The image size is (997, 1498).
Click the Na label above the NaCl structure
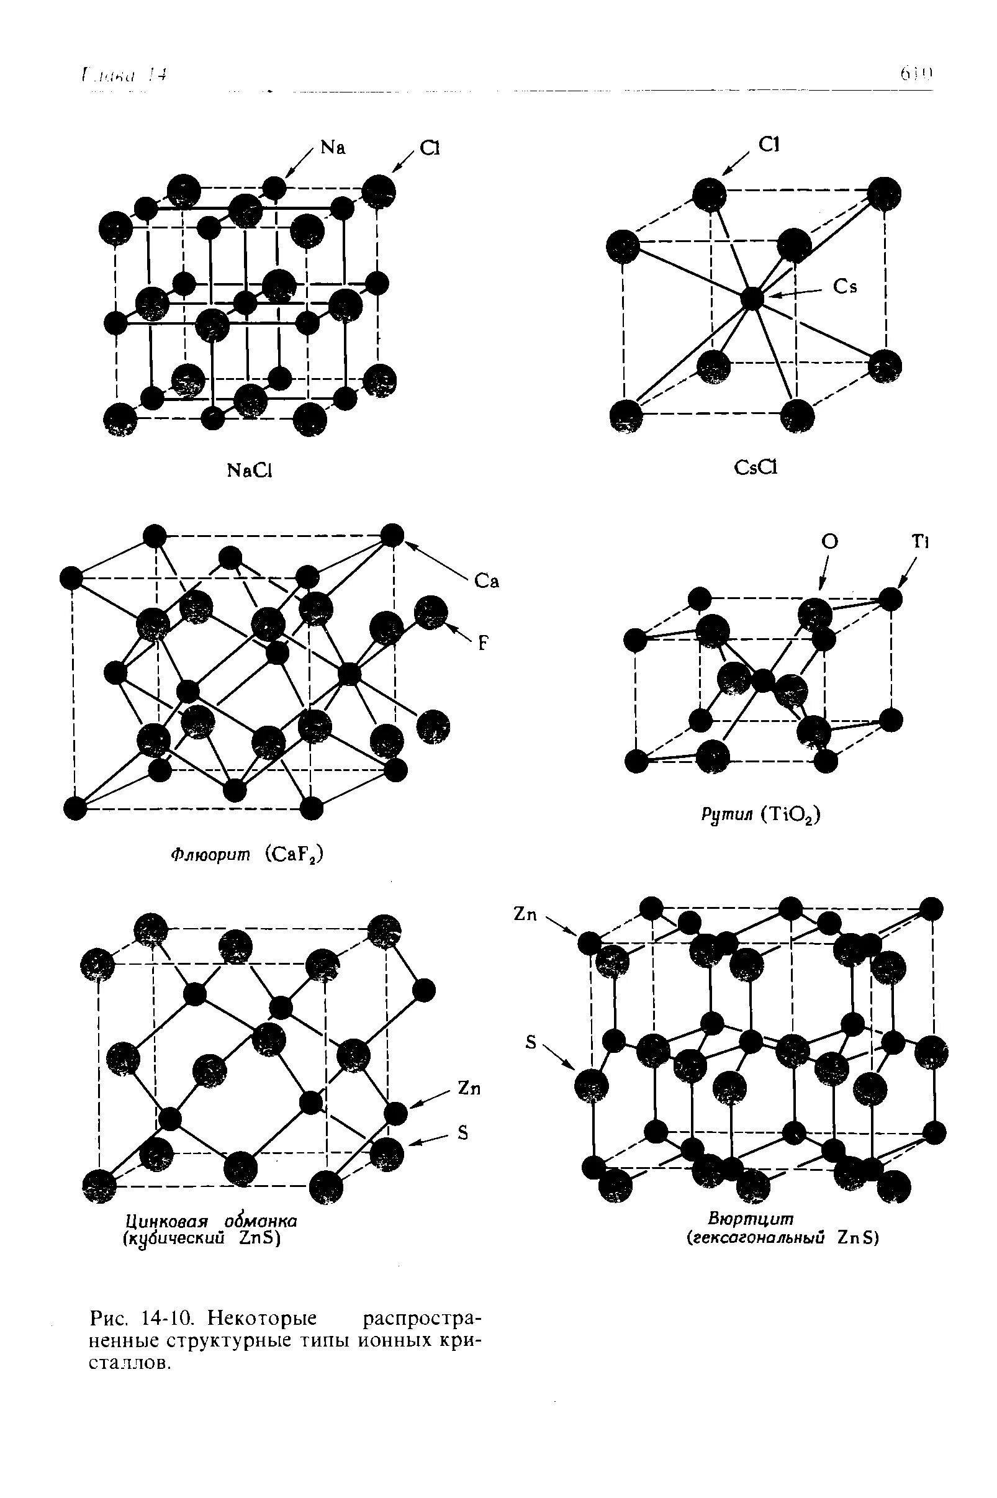333,148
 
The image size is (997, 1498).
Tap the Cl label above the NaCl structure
430,148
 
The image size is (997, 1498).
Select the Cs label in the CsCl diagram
845,287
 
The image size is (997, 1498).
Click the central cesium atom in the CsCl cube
752,297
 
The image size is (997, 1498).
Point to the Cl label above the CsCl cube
769,145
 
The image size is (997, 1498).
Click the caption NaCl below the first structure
250,471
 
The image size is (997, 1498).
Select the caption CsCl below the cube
756,468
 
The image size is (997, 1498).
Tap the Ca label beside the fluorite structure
487,582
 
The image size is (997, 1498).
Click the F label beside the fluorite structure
484,643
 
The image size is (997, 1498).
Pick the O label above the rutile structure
830,542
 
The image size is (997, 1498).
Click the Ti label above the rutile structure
920,542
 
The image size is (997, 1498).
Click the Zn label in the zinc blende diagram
469,1088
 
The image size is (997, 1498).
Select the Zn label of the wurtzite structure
525,914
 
